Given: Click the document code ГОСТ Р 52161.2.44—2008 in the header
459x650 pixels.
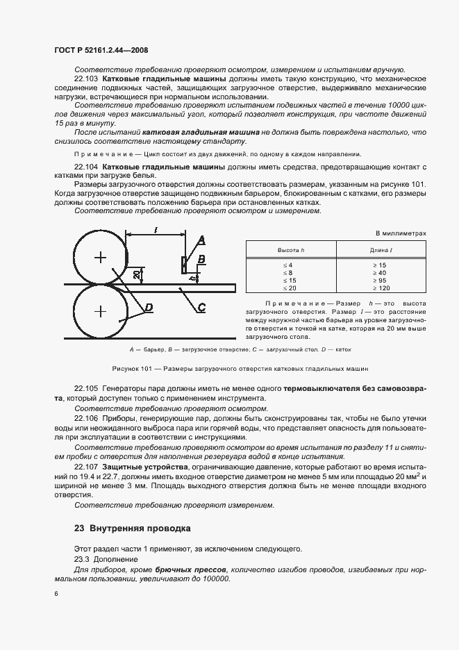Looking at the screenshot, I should coord(100,50).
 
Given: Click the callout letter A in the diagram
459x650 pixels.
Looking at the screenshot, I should coord(202,241).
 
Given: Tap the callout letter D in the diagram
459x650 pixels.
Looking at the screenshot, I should coord(149,306).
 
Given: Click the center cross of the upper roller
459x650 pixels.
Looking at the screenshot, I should coord(101,258).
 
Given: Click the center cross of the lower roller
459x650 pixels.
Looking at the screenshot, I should coord(101,310).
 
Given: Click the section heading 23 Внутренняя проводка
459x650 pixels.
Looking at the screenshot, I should coord(132,528).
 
